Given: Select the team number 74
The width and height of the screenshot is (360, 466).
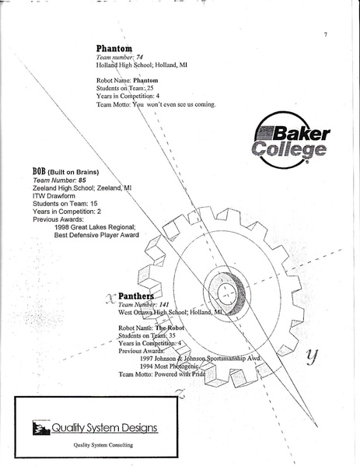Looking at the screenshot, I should (140, 58).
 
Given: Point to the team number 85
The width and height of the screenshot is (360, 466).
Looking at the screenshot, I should (71, 180).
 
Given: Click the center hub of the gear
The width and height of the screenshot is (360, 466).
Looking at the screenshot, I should (226, 293).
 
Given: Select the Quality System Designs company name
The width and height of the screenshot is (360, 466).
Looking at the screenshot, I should (104, 427).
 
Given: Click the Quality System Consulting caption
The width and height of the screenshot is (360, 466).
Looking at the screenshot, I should (103, 445).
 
